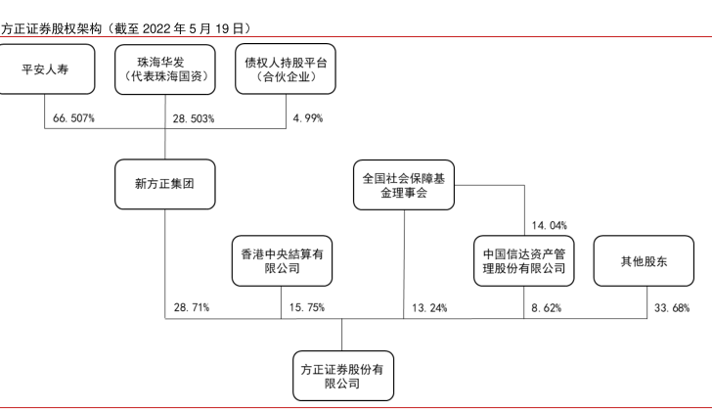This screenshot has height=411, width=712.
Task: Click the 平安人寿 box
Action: pyautogui.click(x=45, y=69)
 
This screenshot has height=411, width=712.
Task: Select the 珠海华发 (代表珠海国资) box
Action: pyautogui.click(x=165, y=69)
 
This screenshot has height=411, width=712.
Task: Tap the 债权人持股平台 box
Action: pyautogui.click(x=286, y=69)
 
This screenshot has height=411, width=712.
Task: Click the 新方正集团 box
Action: pyautogui.click(x=165, y=184)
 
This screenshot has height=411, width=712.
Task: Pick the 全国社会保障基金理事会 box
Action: pyautogui.click(x=404, y=185)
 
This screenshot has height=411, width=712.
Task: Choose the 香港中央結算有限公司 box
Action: pyautogui.click(x=282, y=260)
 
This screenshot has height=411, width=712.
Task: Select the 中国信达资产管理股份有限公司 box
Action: pyautogui.click(x=524, y=260)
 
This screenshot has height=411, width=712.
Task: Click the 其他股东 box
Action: pyautogui.click(x=644, y=260)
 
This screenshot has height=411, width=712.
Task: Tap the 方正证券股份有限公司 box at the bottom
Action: pyautogui.click(x=343, y=376)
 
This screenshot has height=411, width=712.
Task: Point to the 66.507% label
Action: pyautogui.click(x=73, y=118)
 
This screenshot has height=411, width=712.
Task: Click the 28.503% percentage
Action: pyautogui.click(x=194, y=118)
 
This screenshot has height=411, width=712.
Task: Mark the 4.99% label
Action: pyautogui.click(x=308, y=118)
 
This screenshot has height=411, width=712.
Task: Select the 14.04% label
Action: pyautogui.click(x=550, y=225)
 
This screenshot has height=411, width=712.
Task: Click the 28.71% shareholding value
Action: pyautogui.click(x=192, y=307)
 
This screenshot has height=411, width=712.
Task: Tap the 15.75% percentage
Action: pyautogui.click(x=307, y=307)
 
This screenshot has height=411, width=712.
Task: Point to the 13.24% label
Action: pyautogui.click(x=429, y=308)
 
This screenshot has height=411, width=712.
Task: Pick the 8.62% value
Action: pyautogui.click(x=547, y=308)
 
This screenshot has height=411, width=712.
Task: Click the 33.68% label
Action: pyautogui.click(x=672, y=308)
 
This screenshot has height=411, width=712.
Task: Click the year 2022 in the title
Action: pyautogui.click(x=156, y=29)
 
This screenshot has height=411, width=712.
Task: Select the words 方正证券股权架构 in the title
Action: pyautogui.click(x=51, y=29)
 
